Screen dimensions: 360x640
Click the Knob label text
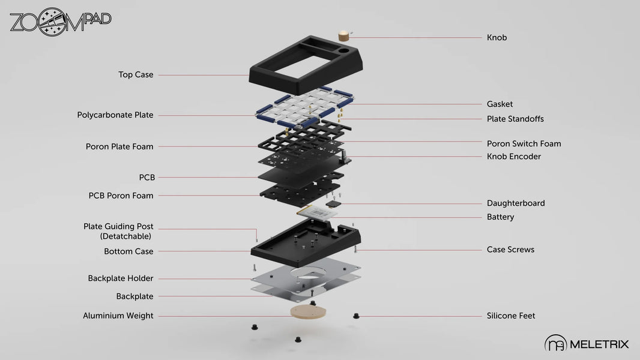coord(497,38)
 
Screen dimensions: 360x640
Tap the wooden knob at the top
coord(345,35)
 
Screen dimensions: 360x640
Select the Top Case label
coord(136,75)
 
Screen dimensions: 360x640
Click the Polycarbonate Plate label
coord(115,115)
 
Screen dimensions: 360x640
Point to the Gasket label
coord(500,104)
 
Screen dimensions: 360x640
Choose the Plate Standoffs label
coord(515,119)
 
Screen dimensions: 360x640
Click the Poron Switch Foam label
coord(524,144)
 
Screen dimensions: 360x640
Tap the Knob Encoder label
coord(513,157)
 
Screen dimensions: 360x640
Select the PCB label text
coord(146,178)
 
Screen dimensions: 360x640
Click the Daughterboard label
coord(516,203)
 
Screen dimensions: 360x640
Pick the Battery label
coord(500,217)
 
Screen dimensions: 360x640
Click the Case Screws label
coord(510,250)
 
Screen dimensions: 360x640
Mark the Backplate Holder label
coord(121,278)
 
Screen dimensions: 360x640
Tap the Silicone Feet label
coord(510,316)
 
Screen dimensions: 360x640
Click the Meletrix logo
coord(587,343)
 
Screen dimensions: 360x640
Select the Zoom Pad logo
coord(60,21)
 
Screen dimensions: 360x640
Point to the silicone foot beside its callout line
coord(356,315)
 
